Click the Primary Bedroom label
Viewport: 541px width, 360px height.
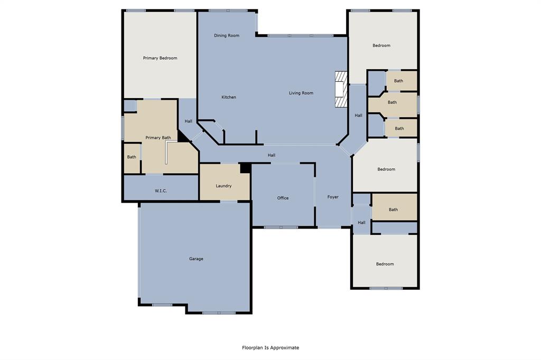(160, 58)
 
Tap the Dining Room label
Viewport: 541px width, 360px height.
(227, 36)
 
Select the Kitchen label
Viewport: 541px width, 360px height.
(229, 97)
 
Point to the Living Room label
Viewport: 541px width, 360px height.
(301, 93)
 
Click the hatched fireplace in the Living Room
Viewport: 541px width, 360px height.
(341, 90)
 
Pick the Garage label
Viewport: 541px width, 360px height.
(196, 259)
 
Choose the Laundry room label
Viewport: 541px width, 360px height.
(223, 186)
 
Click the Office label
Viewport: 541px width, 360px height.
(283, 198)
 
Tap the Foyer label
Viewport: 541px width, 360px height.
(333, 197)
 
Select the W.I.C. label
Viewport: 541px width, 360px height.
(161, 191)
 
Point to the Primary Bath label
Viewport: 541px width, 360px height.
(158, 138)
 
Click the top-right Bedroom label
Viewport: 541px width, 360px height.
(381, 45)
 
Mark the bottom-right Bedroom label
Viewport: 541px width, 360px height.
(385, 264)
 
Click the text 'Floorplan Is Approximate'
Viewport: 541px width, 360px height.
(270, 347)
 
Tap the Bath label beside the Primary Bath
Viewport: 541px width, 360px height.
(132, 157)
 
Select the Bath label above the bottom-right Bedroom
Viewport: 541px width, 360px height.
(394, 210)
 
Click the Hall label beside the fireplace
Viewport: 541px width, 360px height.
(359, 116)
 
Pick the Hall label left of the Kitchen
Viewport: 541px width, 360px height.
(189, 121)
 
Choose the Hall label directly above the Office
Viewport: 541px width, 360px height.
(272, 155)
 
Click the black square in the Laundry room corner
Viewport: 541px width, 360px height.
(245, 168)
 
